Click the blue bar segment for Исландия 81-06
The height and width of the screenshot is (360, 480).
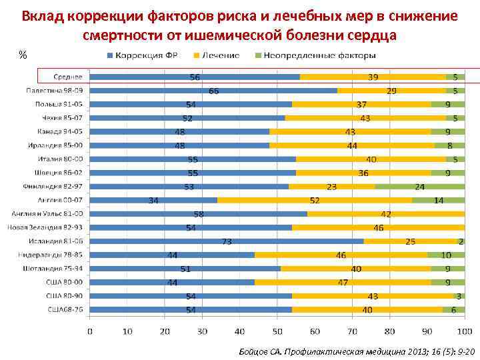coord(227,241)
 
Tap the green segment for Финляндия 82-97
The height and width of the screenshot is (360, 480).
coord(420,186)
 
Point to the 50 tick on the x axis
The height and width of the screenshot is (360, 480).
coord(277,331)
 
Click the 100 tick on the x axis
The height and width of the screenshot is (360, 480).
coord(464,331)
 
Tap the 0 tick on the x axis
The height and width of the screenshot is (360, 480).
coord(90,331)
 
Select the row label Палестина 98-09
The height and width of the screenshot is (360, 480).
coord(55,90)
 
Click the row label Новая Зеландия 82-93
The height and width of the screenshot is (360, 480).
coord(46,227)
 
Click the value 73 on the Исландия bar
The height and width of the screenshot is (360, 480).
coord(227,241)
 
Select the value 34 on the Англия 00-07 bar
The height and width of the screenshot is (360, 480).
coord(153,200)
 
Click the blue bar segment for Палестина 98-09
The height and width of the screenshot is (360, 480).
coord(213,90)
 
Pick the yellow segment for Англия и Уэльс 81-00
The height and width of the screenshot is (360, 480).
coord(385,213)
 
